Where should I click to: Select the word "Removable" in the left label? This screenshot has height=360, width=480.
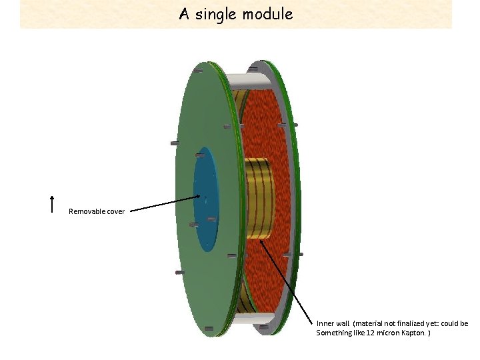tap(87, 211)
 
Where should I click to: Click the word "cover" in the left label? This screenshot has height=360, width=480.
tap(116, 211)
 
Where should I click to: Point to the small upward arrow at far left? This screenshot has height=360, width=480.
tap(52, 203)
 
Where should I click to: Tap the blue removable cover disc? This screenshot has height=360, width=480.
tap(205, 200)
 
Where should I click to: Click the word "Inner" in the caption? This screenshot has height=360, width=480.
tap(326, 323)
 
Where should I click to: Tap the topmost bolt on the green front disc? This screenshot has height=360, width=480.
tap(198, 70)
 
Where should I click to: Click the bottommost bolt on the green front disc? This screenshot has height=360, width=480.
tap(209, 328)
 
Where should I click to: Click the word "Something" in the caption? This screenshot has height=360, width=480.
tap(333, 332)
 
